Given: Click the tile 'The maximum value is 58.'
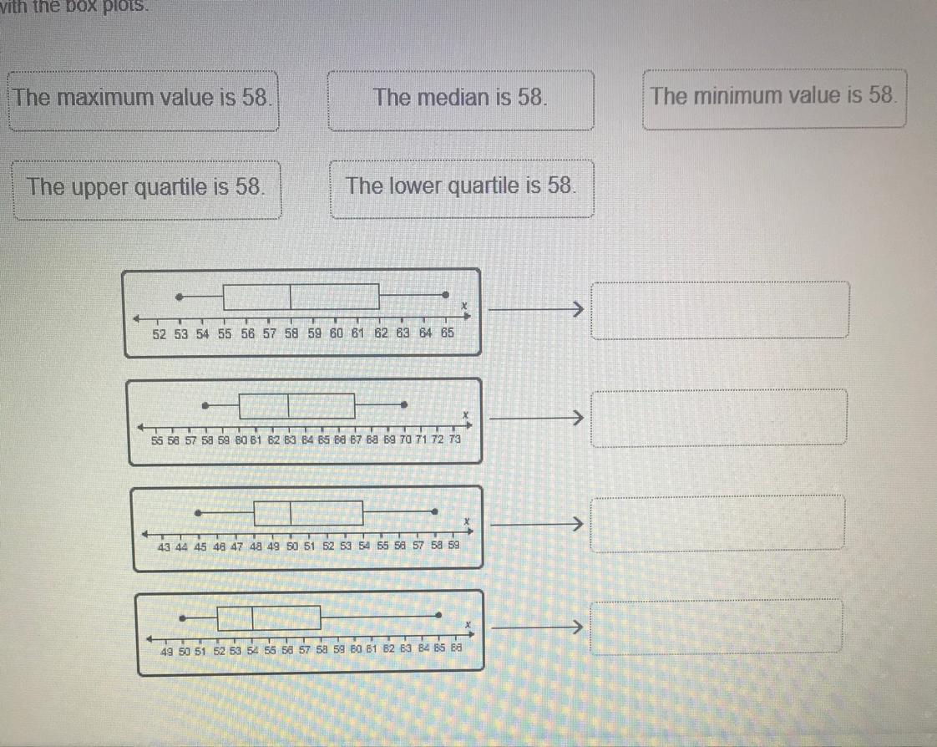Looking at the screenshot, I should point(143,99).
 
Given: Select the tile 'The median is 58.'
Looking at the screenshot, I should point(461,99).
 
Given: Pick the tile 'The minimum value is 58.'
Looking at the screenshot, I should point(774,97).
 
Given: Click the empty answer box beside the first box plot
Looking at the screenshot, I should point(721,310).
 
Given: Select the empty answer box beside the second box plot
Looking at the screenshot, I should point(721,417).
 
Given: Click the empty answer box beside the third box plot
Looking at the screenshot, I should point(718,524).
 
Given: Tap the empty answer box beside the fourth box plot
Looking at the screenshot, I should point(717,625).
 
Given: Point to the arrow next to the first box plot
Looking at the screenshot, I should point(534,310).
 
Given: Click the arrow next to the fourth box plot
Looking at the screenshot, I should point(534,625).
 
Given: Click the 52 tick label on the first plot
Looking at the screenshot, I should point(160,334).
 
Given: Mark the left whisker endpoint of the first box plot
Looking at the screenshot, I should point(178,297).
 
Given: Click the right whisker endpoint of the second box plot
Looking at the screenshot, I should point(403,405).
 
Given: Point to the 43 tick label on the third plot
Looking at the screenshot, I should point(164,547).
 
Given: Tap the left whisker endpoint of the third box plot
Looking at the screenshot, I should point(198,512).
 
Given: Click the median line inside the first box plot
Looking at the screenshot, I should point(291,297).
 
